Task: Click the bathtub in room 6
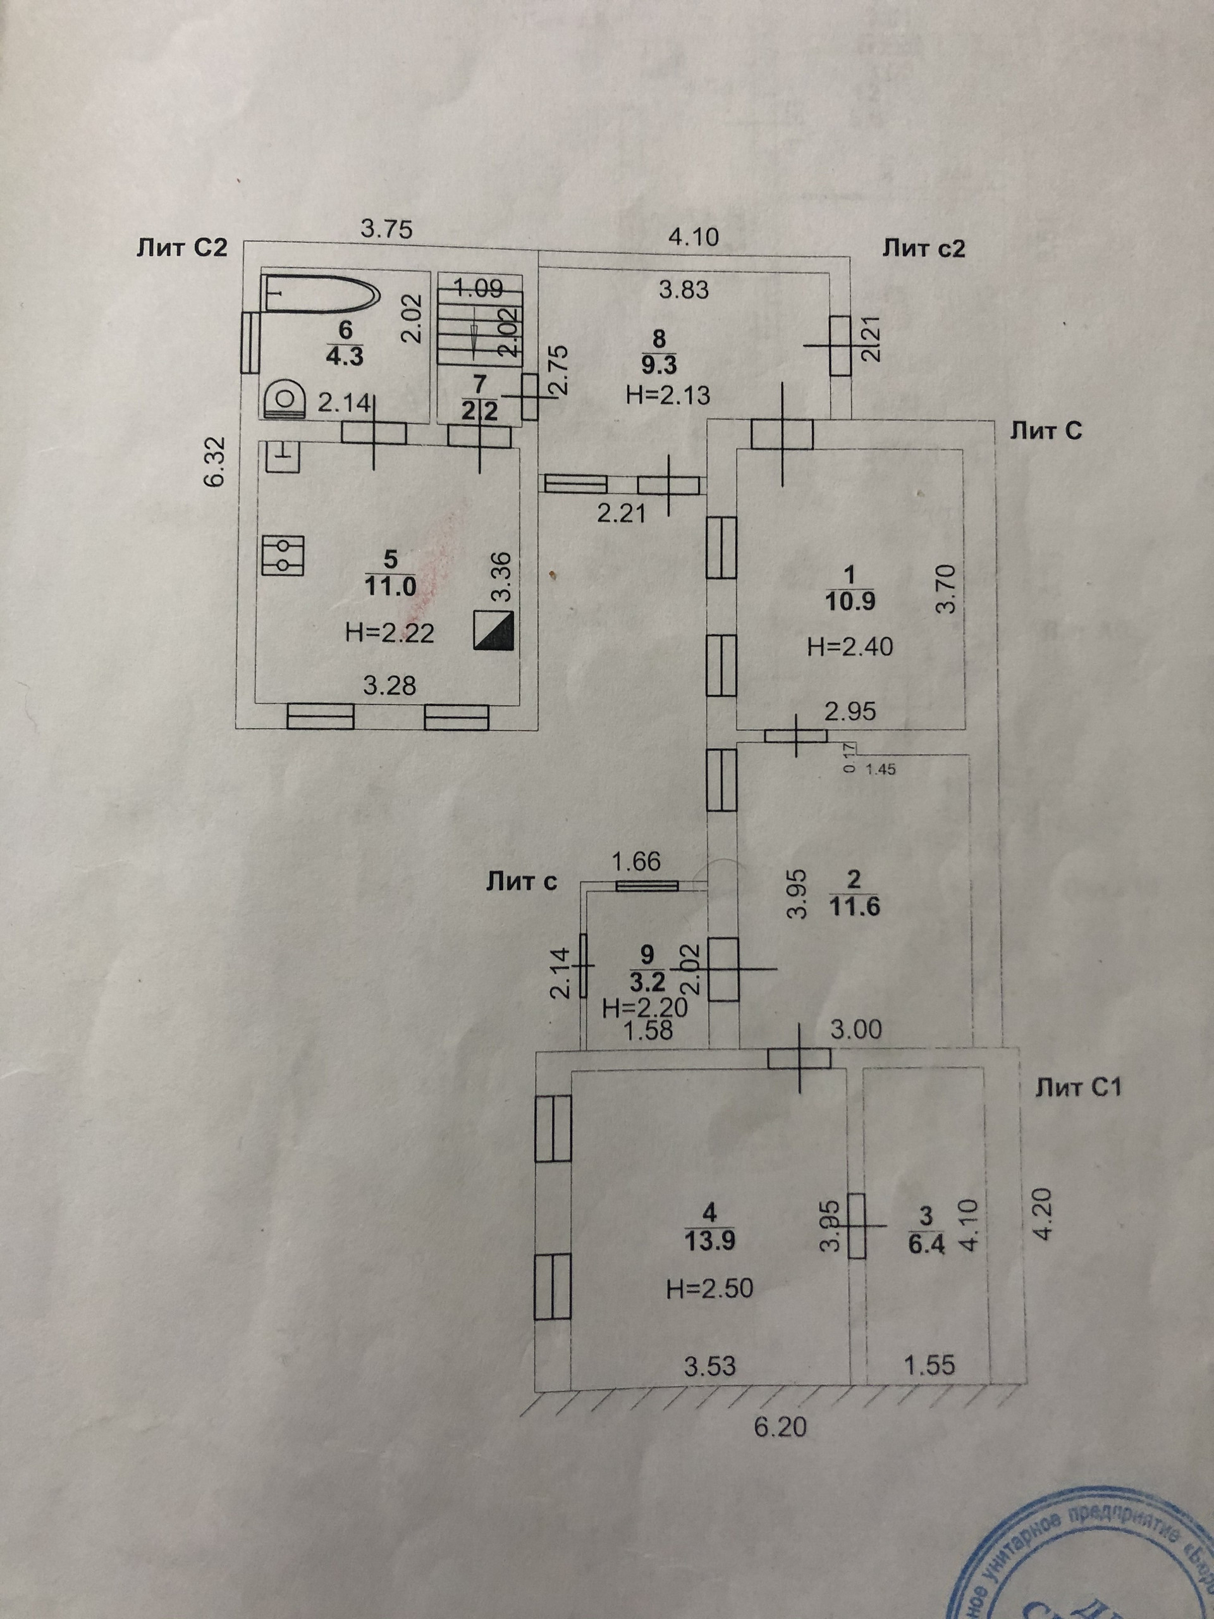(321, 294)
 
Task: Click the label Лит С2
(181, 248)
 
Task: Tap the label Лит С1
(1078, 1088)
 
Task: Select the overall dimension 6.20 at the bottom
(781, 1427)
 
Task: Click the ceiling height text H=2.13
(668, 396)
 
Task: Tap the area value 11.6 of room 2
(854, 907)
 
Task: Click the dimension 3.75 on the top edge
(387, 229)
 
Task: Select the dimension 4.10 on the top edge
(694, 237)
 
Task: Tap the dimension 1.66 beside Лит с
(636, 861)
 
